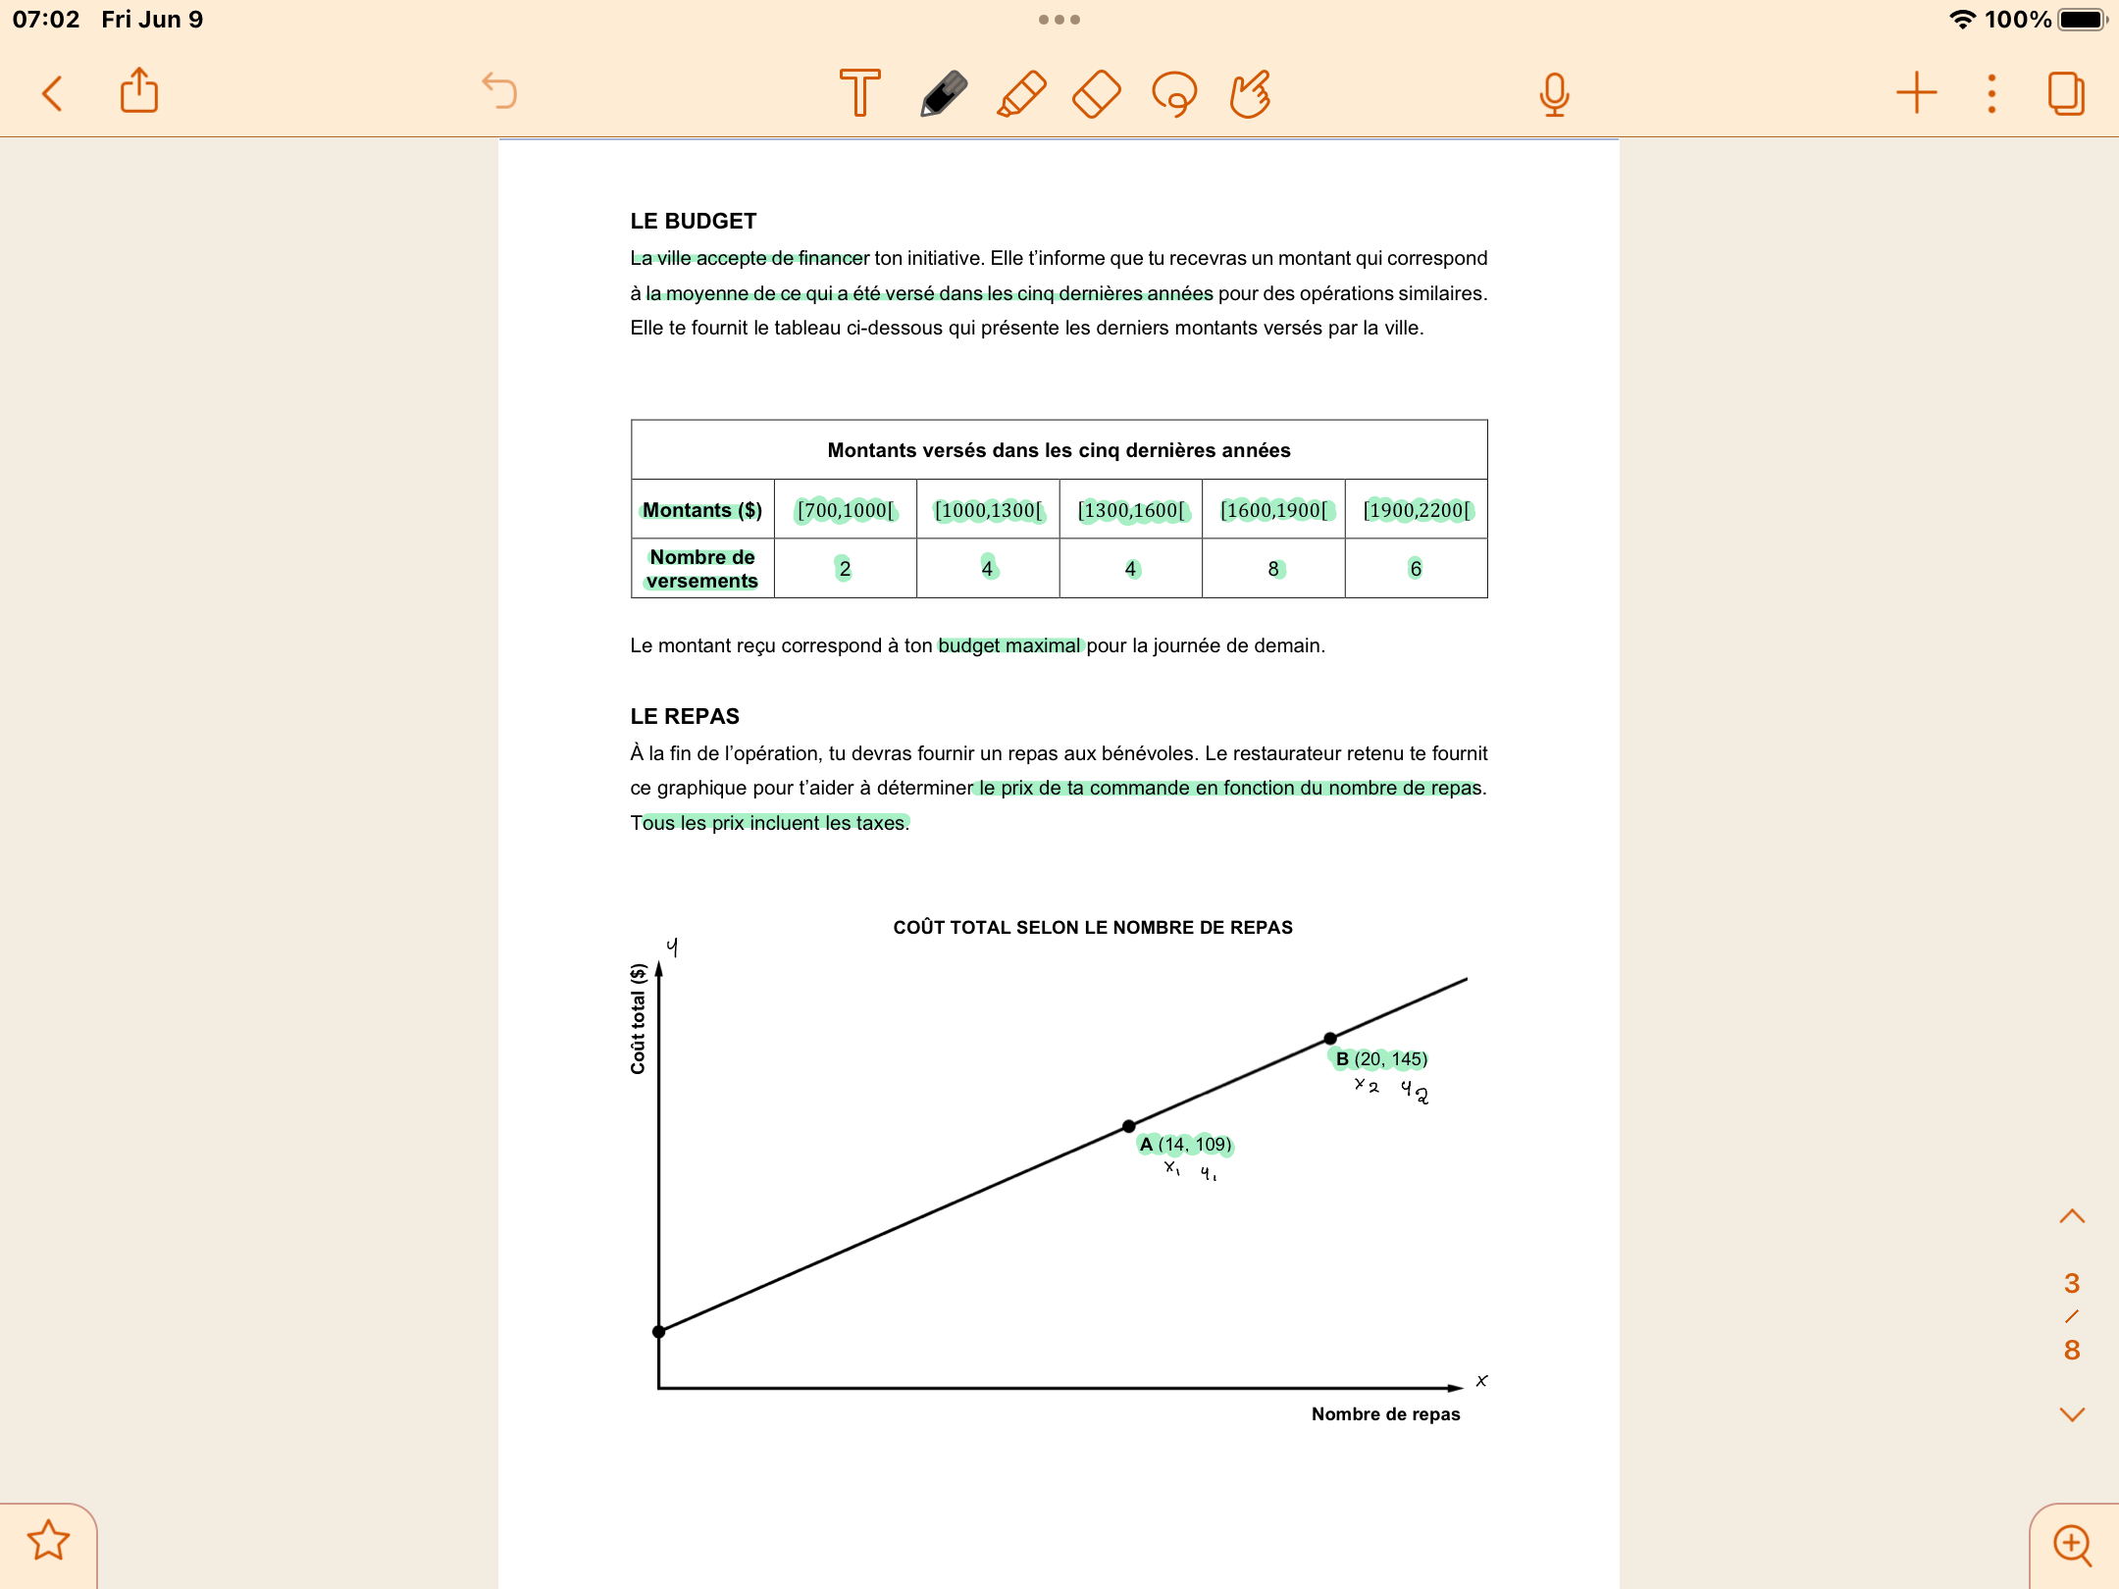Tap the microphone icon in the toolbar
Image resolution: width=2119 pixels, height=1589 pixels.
click(x=1554, y=94)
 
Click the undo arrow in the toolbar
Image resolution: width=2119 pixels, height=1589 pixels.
click(x=499, y=91)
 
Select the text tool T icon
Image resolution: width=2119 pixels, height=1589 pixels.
click(x=860, y=93)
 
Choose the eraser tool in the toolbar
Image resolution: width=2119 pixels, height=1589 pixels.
click(x=1097, y=94)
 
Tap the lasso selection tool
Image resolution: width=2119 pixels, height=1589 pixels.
click(x=1174, y=94)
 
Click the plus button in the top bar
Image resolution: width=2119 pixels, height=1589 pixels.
click(x=1916, y=93)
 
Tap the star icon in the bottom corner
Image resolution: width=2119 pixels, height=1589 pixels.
click(x=48, y=1540)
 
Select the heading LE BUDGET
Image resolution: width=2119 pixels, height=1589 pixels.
click(x=694, y=222)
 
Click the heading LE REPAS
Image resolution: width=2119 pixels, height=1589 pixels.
click(x=685, y=717)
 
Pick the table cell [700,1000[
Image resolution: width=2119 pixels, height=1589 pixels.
click(x=846, y=510)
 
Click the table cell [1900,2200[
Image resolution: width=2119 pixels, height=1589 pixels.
click(x=1417, y=510)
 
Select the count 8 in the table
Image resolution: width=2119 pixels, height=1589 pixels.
click(x=1273, y=569)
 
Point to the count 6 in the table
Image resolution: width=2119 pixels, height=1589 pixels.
click(x=1416, y=569)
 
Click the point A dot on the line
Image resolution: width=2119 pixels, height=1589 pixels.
click(x=1129, y=1126)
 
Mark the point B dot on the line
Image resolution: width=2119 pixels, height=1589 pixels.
click(x=1330, y=1038)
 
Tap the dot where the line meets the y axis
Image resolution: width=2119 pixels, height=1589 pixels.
click(x=659, y=1331)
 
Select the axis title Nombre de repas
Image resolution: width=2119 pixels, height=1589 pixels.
click(x=1385, y=1414)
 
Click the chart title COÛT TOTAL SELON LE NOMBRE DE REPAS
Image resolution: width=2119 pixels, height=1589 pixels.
click(x=1093, y=927)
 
